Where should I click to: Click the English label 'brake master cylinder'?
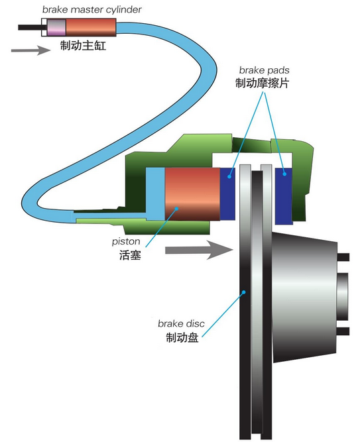coord(91,10)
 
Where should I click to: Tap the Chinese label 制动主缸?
coord(83,45)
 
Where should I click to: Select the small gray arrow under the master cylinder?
coord(30,50)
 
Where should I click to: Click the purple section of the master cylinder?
coord(56,27)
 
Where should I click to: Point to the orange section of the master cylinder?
coord(91,27)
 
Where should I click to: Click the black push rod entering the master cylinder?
coord(30,27)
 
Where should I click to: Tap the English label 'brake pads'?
coord(264,70)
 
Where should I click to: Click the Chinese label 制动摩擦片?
coord(262,83)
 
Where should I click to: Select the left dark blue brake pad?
coord(227,194)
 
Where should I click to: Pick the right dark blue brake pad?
coord(284,196)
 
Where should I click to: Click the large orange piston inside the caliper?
coord(192,194)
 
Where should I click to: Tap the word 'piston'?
coord(126,242)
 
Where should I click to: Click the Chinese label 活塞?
coord(130,255)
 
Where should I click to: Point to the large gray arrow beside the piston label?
coord(199,250)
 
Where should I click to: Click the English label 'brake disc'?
coord(181,323)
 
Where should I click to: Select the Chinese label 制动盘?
coord(182,337)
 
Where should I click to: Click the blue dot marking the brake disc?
coord(244,292)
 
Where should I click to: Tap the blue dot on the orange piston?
coord(176,209)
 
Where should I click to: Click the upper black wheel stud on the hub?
coord(343,257)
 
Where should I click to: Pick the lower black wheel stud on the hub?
coord(343,331)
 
